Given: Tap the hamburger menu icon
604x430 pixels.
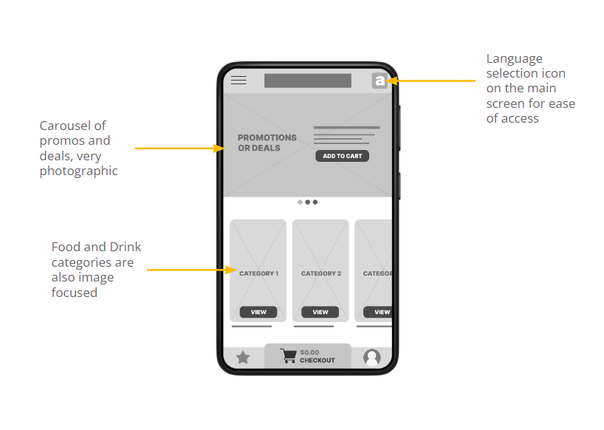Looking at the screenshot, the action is click(238, 81).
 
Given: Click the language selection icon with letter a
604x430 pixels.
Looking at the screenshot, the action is click(380, 81).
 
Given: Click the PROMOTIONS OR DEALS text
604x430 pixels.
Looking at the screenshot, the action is click(267, 143).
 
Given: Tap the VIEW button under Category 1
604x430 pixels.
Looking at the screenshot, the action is click(258, 312).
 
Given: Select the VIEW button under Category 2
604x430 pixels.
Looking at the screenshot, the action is click(320, 312).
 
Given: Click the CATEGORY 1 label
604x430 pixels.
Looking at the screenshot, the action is click(258, 273).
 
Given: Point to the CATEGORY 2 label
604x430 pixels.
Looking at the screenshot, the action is click(320, 273).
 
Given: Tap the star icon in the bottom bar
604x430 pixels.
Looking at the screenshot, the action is click(243, 358).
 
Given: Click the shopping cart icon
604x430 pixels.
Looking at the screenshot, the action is click(288, 356).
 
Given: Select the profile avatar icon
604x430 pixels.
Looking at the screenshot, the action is click(372, 358).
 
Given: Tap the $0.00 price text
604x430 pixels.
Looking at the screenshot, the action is click(309, 352).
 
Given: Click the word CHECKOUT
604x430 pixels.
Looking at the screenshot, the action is click(318, 361).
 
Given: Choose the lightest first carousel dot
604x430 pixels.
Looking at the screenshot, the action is click(300, 202).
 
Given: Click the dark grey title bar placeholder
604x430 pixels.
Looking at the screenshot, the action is click(307, 81).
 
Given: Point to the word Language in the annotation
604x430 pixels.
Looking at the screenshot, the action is click(514, 58).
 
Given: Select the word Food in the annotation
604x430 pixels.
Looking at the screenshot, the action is click(65, 247).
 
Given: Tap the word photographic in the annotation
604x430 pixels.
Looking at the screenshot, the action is click(78, 171).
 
